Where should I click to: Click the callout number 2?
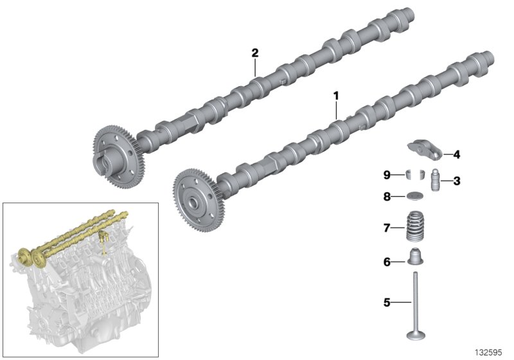(255, 53)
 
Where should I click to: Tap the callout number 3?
(457, 181)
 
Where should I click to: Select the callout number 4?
(457, 154)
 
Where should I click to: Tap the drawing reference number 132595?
(490, 352)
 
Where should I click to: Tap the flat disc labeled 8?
(415, 197)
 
